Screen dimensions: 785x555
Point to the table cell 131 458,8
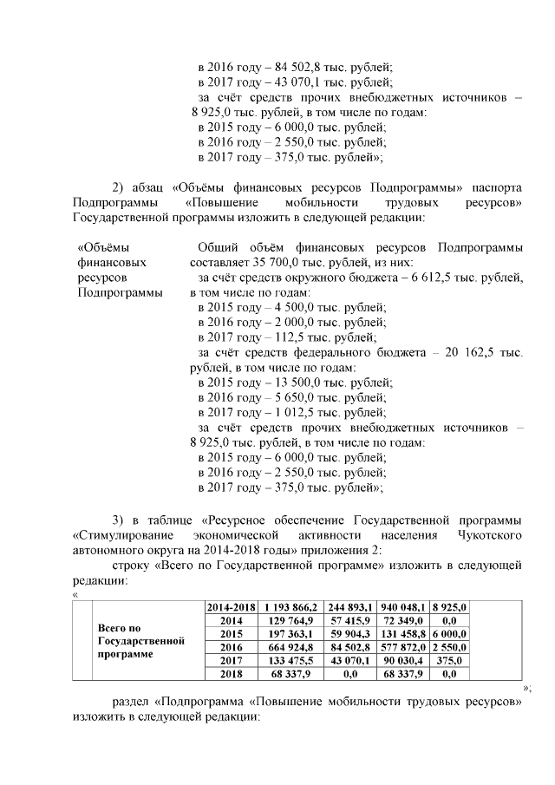pyautogui.click(x=413, y=633)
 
